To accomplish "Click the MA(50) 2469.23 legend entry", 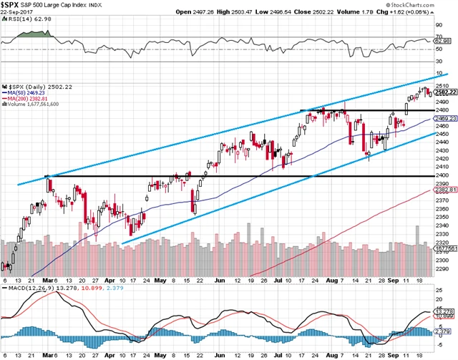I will [29, 92].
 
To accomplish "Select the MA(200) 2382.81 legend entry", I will [30, 98].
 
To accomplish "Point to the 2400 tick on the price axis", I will [442, 175].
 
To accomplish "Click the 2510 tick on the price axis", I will [442, 84].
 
